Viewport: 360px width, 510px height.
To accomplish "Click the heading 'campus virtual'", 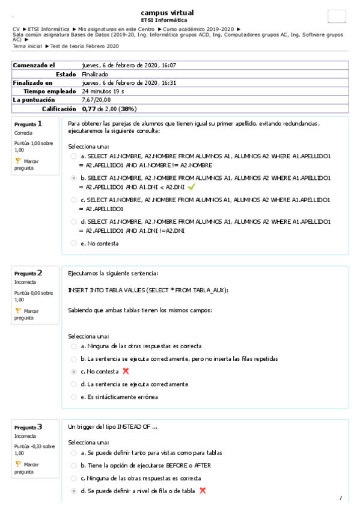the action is (167, 13).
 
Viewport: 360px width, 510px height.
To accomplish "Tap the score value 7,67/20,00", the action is (96, 100).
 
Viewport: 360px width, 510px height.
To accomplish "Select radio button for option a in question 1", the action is (73, 156).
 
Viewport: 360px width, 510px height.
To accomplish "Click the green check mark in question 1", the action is (191, 187).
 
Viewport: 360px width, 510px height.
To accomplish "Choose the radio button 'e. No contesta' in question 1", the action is (73, 244).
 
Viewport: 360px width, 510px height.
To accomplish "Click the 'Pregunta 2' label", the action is (28, 273).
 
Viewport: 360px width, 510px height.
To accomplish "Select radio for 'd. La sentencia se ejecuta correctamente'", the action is (73, 384).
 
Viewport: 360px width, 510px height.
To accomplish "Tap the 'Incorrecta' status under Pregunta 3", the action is (26, 436).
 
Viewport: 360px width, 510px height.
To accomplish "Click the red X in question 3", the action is (203, 491).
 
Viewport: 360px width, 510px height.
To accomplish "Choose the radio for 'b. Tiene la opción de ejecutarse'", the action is (73, 465).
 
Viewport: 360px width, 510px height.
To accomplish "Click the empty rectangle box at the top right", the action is (337, 17).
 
